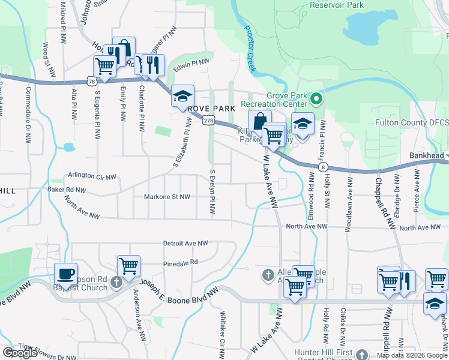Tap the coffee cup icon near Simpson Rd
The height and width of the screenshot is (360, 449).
66,274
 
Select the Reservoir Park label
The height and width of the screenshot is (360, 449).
337,5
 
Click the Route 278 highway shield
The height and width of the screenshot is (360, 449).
207,121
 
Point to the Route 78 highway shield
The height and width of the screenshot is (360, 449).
91,80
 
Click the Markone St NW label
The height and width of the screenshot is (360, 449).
167,196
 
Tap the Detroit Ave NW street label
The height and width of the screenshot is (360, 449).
185,243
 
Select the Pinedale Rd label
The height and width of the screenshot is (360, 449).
180,263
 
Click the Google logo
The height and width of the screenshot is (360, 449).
19,353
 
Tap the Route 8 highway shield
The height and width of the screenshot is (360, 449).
323,167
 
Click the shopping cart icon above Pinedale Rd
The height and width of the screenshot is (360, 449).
128,265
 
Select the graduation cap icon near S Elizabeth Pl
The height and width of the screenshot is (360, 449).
182,95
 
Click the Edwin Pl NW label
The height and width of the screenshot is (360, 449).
191,62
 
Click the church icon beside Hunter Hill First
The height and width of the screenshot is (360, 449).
361,354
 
